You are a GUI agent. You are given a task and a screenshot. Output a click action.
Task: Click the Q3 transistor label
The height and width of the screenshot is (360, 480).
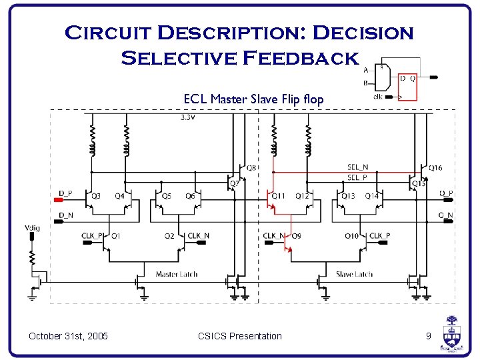click(96, 196)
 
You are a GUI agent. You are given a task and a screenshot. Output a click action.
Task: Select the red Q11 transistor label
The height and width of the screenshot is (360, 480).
click(278, 196)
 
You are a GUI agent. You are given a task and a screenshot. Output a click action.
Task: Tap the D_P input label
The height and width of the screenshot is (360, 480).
click(65, 193)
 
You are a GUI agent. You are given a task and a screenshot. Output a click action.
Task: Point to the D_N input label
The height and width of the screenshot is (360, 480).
click(65, 215)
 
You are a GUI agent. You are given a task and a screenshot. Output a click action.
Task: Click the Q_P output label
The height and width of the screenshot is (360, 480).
click(446, 193)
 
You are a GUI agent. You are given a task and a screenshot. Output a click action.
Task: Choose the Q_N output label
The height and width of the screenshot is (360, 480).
click(446, 215)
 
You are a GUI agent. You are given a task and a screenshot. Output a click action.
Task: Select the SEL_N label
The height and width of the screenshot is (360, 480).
click(357, 167)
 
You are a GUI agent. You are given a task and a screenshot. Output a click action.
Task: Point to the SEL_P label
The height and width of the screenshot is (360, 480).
click(357, 177)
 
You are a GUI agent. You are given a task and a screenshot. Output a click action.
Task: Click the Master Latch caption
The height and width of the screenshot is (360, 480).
click(176, 274)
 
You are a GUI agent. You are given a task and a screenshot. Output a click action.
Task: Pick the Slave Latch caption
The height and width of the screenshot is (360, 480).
click(354, 274)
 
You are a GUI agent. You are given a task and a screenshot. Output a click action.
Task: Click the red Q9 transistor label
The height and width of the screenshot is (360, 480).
click(296, 235)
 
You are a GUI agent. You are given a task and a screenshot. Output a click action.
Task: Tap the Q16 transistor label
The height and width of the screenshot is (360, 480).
click(435, 168)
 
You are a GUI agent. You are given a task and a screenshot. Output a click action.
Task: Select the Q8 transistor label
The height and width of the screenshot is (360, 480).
click(251, 167)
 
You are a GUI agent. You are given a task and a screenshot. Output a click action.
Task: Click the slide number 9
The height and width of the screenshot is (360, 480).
click(429, 336)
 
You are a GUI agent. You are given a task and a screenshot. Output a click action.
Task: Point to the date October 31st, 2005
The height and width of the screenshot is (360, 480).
click(68, 336)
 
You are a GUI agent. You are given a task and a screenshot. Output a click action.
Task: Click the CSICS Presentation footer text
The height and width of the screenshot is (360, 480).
click(240, 336)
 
